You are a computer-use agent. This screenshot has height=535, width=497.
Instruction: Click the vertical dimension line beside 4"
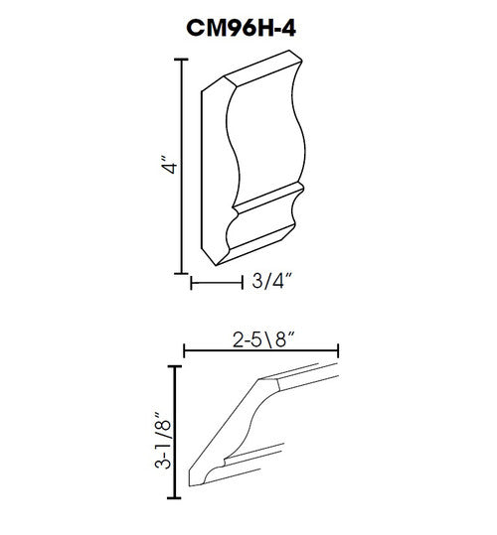181,165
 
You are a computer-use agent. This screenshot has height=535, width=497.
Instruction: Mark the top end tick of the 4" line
181,60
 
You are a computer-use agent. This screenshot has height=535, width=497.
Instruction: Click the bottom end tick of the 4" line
181,271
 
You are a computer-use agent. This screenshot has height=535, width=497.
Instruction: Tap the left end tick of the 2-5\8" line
186,348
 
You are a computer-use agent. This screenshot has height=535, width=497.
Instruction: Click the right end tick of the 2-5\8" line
340,348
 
